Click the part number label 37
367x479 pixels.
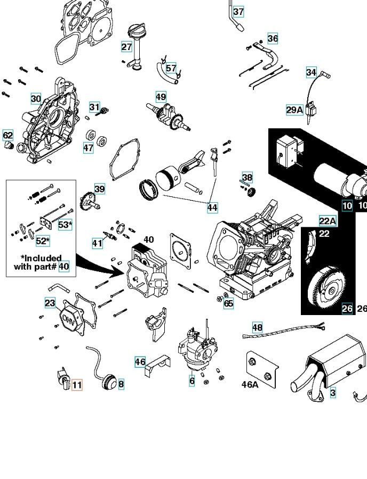click(238, 11)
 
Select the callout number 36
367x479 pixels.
click(273, 38)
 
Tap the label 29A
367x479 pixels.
click(294, 110)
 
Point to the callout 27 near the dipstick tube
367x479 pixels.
click(126, 47)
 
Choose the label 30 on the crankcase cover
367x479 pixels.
click(36, 98)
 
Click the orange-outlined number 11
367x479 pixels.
click(77, 384)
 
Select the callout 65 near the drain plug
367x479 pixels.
click(228, 303)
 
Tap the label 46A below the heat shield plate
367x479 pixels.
click(250, 384)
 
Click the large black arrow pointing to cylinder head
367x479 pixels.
click(99, 264)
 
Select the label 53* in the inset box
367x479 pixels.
click(65, 225)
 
